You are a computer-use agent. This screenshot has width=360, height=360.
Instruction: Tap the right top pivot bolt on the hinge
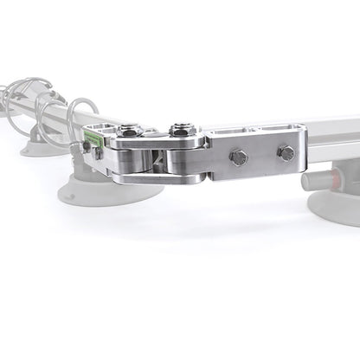180,132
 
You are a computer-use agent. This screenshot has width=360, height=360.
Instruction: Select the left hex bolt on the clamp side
239,157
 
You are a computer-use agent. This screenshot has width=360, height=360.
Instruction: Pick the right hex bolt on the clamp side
285,153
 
